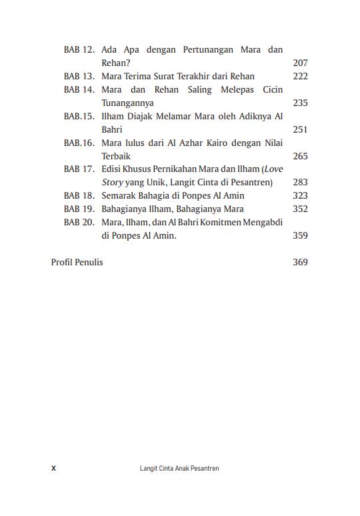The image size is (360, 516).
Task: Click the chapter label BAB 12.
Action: coord(79,50)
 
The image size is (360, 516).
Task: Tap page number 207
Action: coord(300,63)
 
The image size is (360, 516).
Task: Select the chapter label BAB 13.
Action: coord(79,77)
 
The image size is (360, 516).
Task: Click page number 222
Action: coord(300,77)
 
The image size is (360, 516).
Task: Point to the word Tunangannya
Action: coord(127,103)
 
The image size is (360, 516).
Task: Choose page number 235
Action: coord(300,103)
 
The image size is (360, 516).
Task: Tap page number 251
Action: coord(300,130)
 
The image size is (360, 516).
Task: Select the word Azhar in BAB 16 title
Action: coord(177,143)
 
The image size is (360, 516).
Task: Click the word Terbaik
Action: coord(116,156)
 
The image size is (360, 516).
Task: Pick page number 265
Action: coord(300,156)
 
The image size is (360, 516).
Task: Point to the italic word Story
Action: coord(112,183)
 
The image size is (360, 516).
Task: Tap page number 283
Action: coord(300,183)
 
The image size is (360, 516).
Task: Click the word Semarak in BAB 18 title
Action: coord(119,196)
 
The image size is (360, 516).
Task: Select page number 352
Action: coord(300,209)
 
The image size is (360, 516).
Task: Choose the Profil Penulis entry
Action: coord(77,262)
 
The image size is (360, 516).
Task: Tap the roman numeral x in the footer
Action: coord(53,469)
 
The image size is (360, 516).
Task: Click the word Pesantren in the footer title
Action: coord(205,469)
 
